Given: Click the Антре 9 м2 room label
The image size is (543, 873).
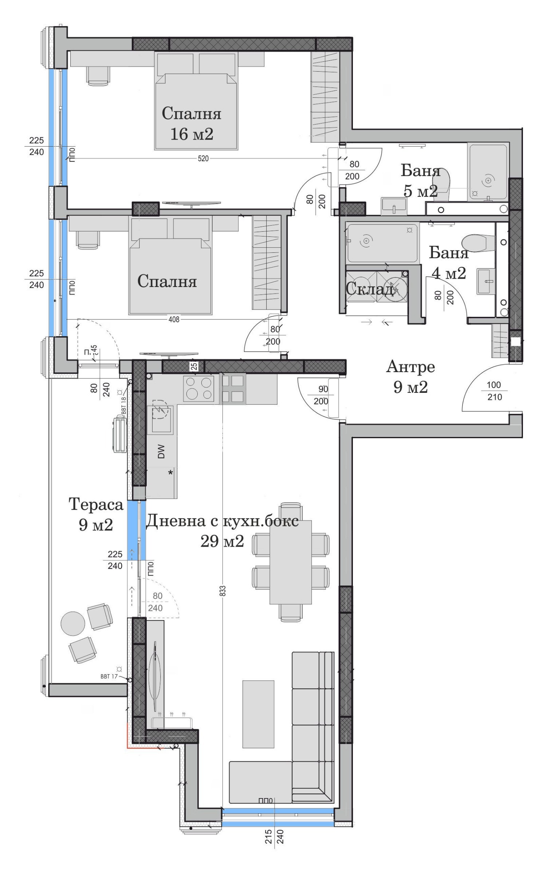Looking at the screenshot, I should pyautogui.click(x=410, y=377).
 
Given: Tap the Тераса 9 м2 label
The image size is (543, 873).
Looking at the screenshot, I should pyautogui.click(x=96, y=514).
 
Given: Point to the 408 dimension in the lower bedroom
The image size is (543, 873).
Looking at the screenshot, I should pyautogui.click(x=174, y=319).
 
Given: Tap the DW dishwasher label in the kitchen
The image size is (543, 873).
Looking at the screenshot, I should pyautogui.click(x=161, y=451).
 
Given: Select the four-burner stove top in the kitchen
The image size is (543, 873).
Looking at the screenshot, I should pyautogui.click(x=198, y=388).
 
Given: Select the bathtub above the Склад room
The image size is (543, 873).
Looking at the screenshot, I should pyautogui.click(x=382, y=243).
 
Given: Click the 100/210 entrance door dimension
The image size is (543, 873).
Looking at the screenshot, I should pyautogui.click(x=494, y=391).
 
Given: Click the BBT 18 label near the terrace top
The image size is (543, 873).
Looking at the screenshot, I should pyautogui.click(x=123, y=406).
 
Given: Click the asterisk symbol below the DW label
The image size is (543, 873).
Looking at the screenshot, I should pyautogui.click(x=170, y=473).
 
